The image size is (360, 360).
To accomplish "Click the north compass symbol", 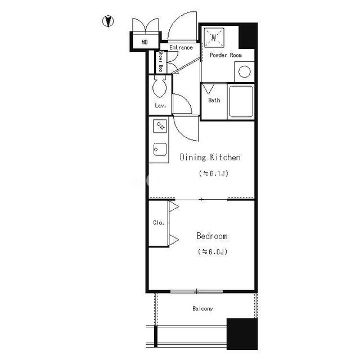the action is click(x=108, y=21).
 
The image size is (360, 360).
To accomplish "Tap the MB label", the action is click(x=145, y=42).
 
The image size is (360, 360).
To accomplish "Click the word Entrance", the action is click(x=181, y=47).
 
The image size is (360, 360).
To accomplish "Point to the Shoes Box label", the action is click(x=161, y=61).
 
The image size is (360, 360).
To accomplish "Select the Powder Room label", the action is click(x=226, y=55).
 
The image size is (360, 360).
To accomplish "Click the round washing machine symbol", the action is click(x=244, y=71).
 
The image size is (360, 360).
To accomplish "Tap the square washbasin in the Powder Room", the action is click(x=214, y=38).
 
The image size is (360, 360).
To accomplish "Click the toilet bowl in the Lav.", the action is click(x=160, y=88).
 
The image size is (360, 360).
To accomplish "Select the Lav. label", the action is click(x=160, y=106).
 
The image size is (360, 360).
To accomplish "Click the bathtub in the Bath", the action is click(x=241, y=101).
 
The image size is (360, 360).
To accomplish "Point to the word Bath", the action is click(x=214, y=100).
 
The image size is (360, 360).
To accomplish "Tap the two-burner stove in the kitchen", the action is click(x=160, y=126).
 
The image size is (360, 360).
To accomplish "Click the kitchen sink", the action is click(x=160, y=149).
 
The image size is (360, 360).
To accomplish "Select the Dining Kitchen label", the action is click(x=210, y=157).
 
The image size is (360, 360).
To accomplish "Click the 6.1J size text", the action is click(x=214, y=173).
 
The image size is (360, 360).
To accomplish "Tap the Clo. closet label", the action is click(x=159, y=223).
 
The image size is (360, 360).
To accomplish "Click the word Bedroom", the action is click(x=212, y=236).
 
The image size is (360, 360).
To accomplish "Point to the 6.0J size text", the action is click(x=213, y=251).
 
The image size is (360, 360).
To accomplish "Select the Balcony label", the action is click(x=202, y=308).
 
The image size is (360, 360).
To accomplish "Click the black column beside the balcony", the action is click(x=242, y=334).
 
